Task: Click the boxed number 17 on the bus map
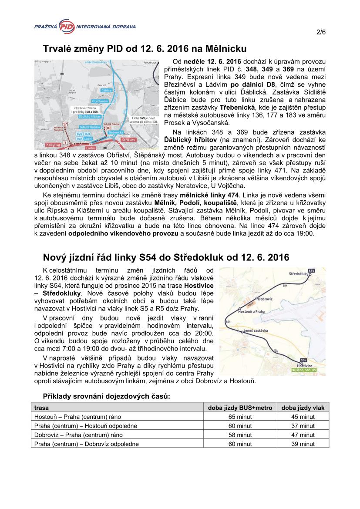coord(65,124)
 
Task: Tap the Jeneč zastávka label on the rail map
coord(256,332)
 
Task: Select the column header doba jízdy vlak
coord(303,408)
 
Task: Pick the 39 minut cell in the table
coord(303,444)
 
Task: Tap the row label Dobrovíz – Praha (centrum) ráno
coord(78,435)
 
